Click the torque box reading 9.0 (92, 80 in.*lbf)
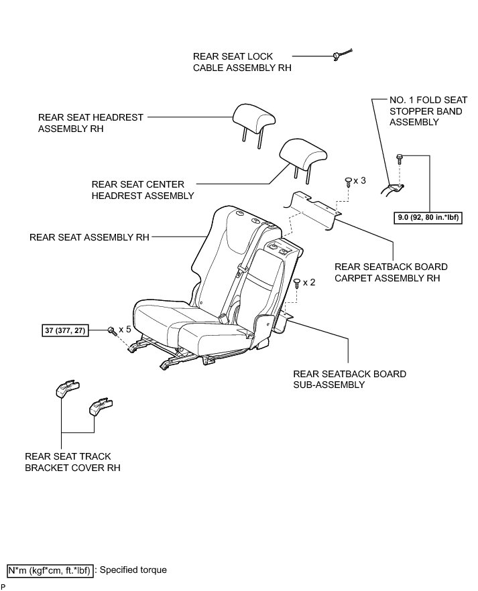(x=429, y=218)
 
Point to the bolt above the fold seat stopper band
(x=400, y=159)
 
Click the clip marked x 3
(x=347, y=180)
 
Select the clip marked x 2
(x=297, y=282)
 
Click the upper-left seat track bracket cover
(x=67, y=389)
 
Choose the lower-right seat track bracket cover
(x=101, y=406)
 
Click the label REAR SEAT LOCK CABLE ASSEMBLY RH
(x=242, y=62)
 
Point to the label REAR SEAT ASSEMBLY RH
(x=89, y=237)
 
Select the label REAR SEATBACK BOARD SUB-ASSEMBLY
(x=349, y=379)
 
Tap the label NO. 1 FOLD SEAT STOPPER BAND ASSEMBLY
(x=426, y=111)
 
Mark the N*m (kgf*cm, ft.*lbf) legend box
(x=50, y=570)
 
